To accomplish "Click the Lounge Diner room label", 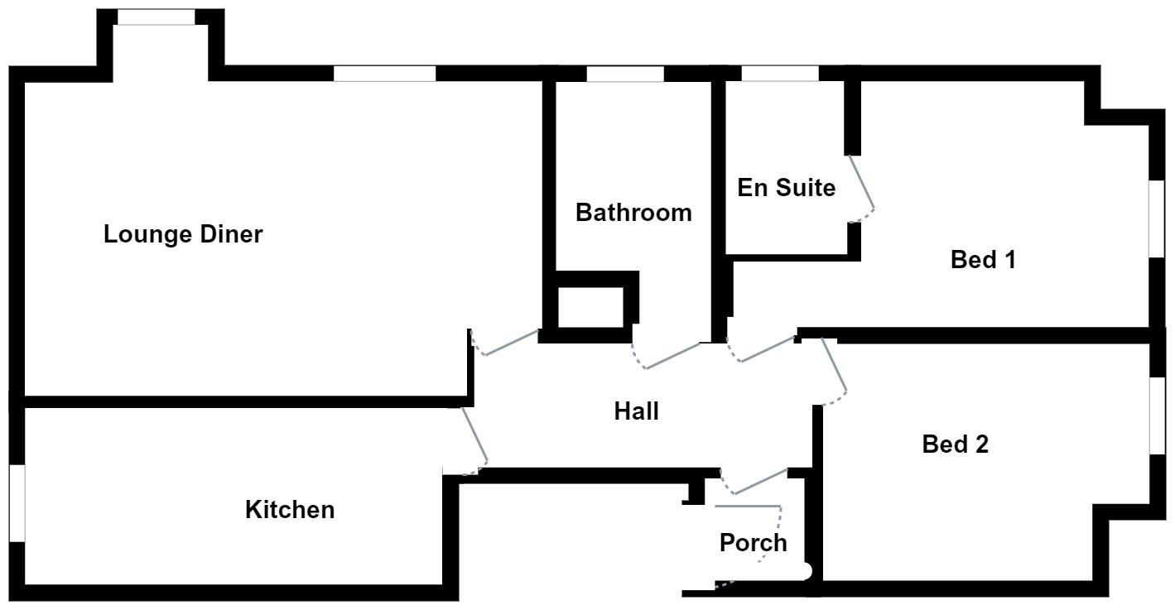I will tap(183, 234).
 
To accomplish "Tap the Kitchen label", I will tap(290, 510).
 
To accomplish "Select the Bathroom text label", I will tap(633, 213).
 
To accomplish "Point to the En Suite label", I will tap(786, 188).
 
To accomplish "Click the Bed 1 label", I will tap(983, 260).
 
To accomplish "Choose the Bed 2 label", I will tap(956, 445).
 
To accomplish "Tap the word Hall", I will tap(636, 411).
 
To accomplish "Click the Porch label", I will tap(753, 544).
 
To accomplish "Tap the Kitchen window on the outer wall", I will tap(17, 503).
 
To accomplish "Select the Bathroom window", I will tap(625, 74).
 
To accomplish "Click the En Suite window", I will tap(779, 74).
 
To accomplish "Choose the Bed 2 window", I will tap(1157, 415).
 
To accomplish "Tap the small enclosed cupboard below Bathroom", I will tap(589, 307).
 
